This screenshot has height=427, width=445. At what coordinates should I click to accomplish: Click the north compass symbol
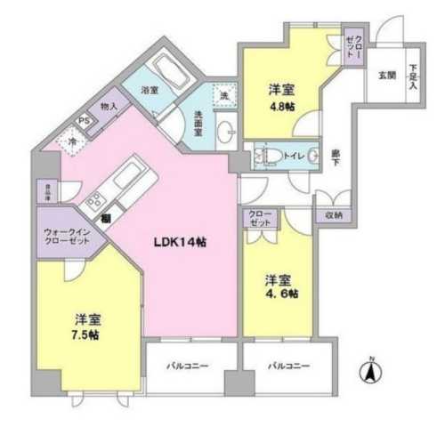[x=368, y=373]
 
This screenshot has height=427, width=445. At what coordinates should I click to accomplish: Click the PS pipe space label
[x=85, y=121]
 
